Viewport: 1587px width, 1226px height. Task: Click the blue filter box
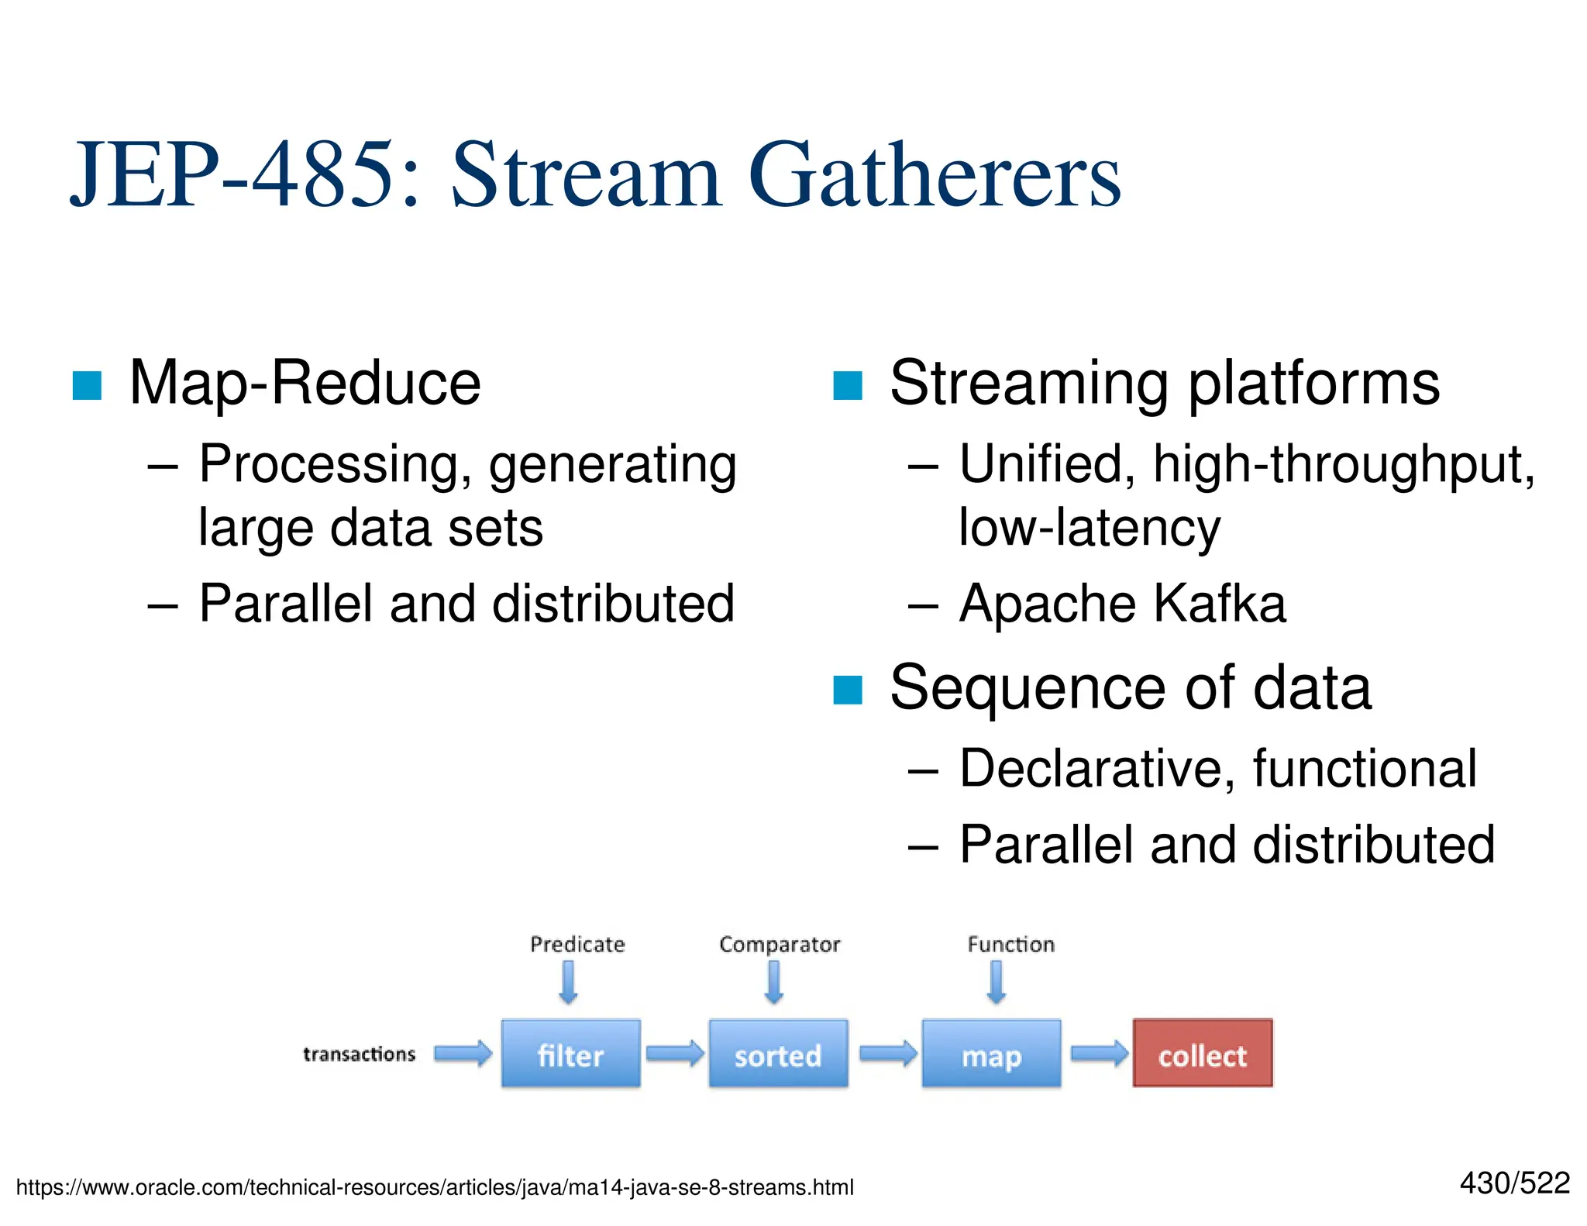[570, 1055]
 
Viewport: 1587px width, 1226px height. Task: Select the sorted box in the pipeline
[778, 1055]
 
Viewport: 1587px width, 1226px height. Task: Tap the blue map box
[991, 1055]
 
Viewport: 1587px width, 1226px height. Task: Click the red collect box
[1202, 1055]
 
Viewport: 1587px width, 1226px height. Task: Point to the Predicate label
[577, 944]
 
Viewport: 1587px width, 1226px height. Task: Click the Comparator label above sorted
[780, 944]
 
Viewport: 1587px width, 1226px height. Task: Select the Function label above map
[1010, 944]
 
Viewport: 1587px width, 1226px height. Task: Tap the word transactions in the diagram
[359, 1054]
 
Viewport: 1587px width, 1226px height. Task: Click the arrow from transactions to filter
[463, 1053]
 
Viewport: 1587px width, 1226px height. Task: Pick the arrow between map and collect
[1099, 1053]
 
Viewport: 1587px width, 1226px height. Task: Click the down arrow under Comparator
[773, 983]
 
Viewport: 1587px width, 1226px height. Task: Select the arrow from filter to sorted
[674, 1053]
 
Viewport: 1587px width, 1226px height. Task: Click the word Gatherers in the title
[934, 177]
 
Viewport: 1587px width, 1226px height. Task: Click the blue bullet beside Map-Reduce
[87, 385]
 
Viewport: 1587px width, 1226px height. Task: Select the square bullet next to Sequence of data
[847, 690]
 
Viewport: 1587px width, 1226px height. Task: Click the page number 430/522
[1514, 1183]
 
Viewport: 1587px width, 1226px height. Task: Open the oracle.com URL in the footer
[434, 1187]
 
